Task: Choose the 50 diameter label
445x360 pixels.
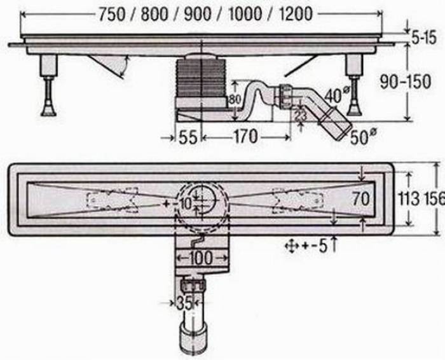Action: point(360,135)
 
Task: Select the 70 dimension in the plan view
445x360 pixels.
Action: point(361,199)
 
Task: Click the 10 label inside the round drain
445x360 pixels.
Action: point(184,204)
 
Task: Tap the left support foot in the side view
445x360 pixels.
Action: point(48,89)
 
